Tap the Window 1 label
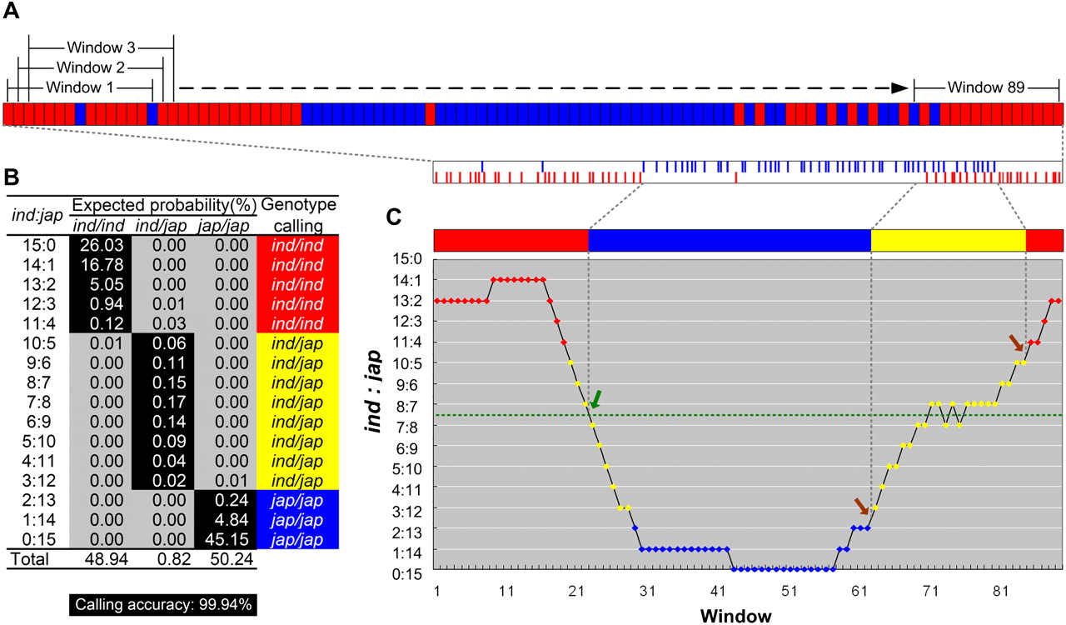tap(82, 87)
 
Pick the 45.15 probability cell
tap(227, 539)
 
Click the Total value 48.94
tap(101, 558)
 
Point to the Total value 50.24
tap(227, 558)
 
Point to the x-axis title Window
tap(735, 616)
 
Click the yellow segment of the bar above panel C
tap(948, 239)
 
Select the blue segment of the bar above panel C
tap(730, 239)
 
